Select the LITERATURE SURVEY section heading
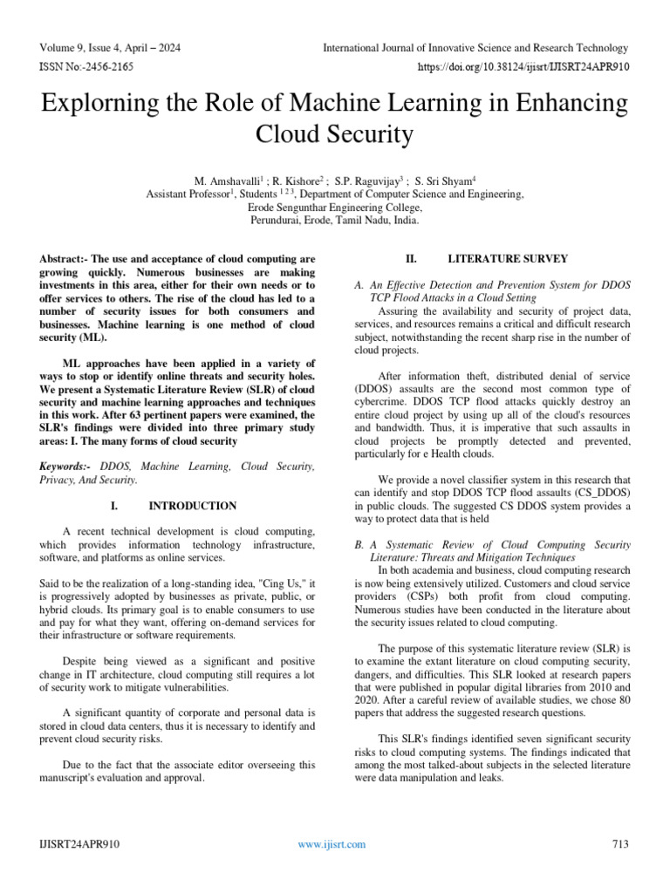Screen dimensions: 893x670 coord(508,259)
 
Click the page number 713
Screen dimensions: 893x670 coord(621,844)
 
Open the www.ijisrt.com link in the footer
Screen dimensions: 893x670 coord(332,844)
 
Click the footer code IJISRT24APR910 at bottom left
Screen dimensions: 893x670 coord(79,844)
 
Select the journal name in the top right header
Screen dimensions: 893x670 coord(475,47)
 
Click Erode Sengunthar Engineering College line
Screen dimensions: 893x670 coord(335,208)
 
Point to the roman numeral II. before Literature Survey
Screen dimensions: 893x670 coord(413,259)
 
